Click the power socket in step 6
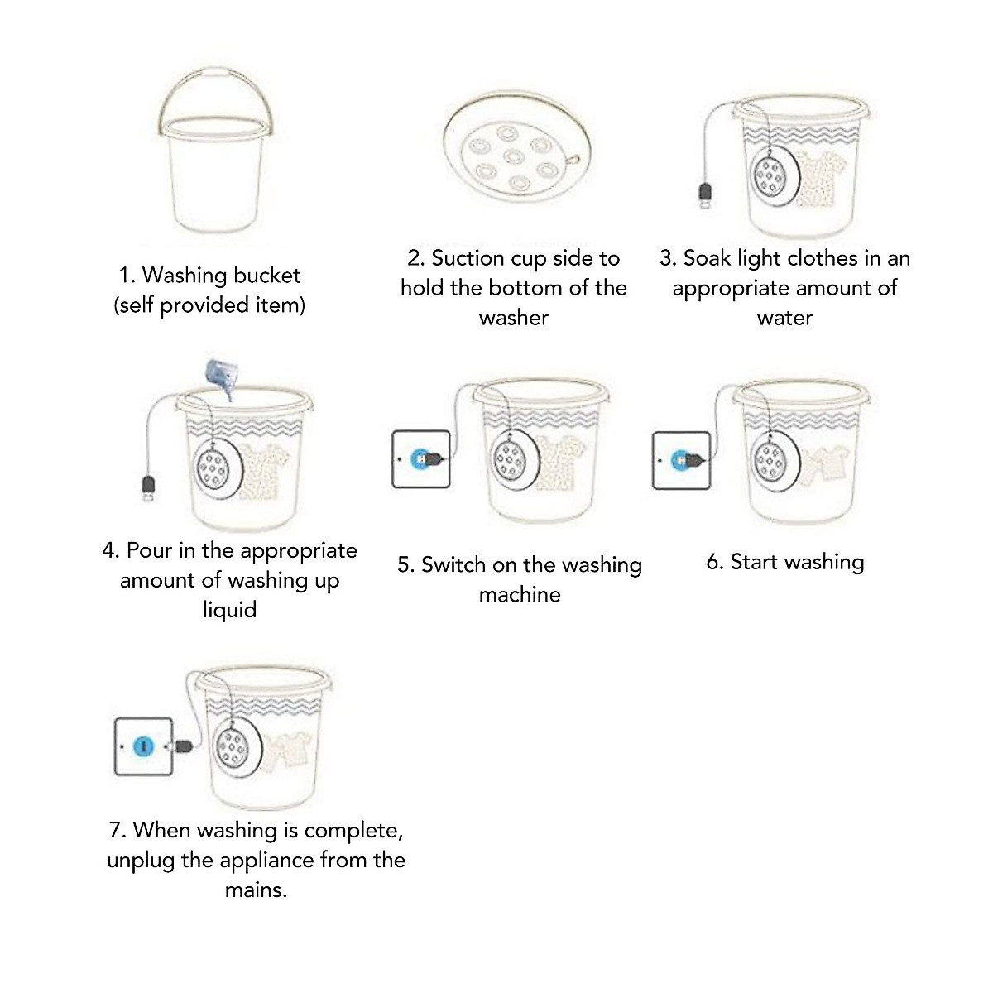point(680,459)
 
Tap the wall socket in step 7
point(143,746)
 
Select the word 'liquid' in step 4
point(229,610)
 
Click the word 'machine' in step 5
point(519,595)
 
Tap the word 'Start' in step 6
point(753,563)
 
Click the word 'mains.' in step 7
point(256,890)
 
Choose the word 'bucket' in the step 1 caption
point(267,276)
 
